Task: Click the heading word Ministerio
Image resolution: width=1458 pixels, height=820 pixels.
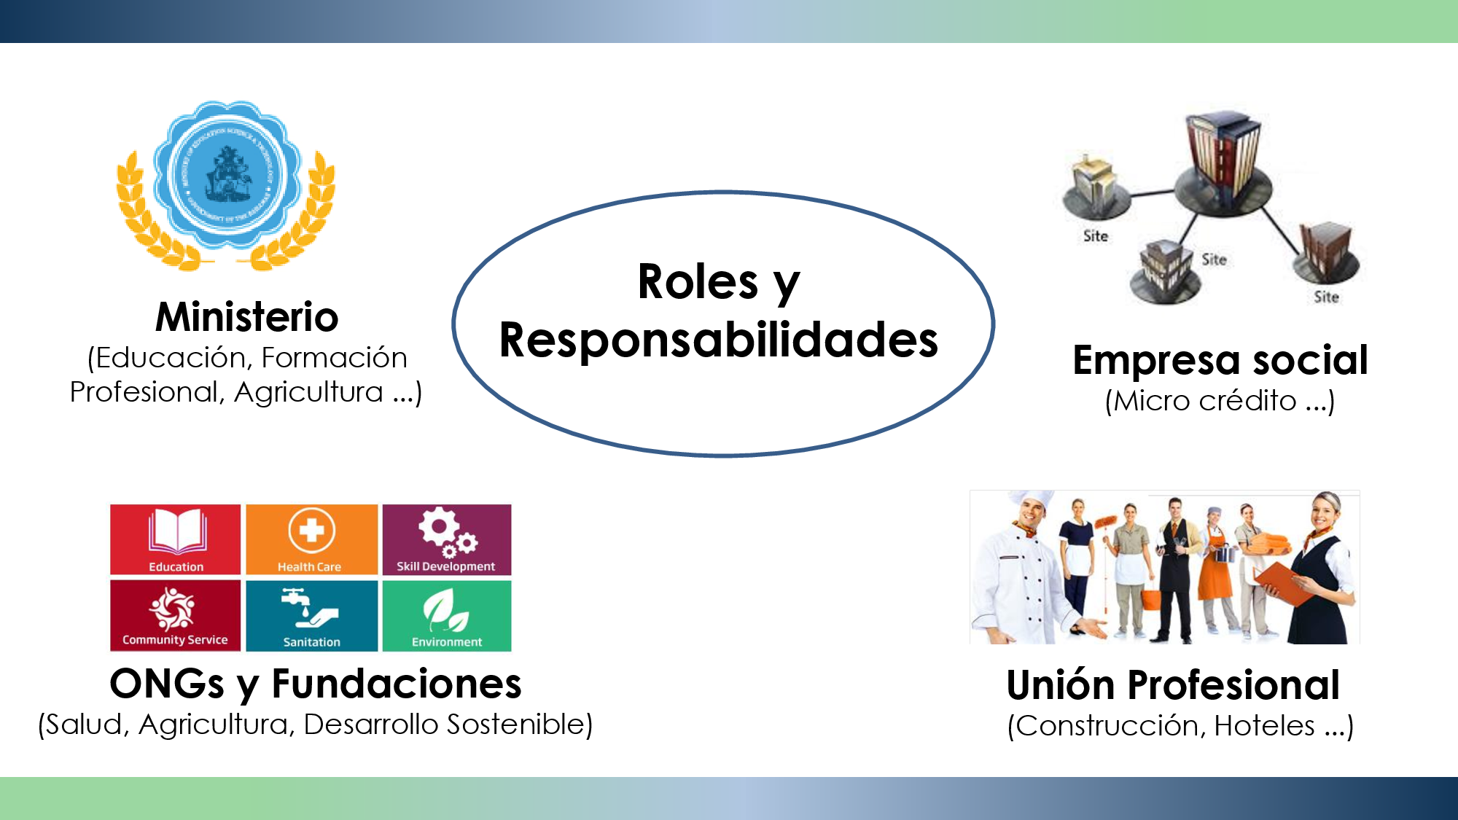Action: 247,317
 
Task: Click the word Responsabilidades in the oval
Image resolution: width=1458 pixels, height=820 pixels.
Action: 719,340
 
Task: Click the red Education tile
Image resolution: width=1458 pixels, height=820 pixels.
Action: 176,539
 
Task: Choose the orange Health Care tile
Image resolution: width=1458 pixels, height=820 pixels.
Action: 311,539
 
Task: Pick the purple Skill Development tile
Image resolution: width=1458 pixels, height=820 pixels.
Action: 447,539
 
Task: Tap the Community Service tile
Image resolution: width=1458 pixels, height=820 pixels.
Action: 175,615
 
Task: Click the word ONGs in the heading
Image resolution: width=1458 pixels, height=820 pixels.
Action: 167,684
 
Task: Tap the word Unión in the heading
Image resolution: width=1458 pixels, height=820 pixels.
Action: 1061,685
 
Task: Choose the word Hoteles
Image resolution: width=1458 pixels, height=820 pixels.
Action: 1264,726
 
